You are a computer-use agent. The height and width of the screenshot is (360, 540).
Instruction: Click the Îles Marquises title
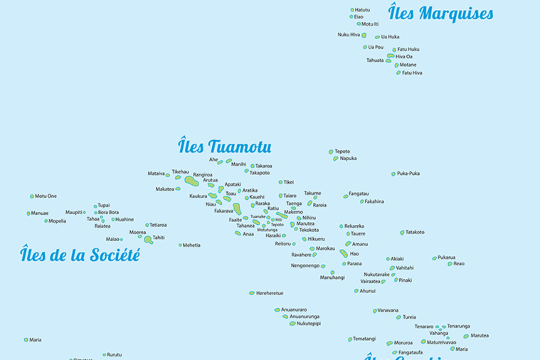tap(440, 13)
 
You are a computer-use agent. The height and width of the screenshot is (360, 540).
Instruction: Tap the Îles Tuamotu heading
tap(224, 147)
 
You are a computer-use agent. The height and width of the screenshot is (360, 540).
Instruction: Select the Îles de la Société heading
tap(80, 254)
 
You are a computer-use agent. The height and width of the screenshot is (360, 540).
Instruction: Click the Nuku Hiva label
tap(349, 35)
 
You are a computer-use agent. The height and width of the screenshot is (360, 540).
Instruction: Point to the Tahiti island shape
tap(148, 240)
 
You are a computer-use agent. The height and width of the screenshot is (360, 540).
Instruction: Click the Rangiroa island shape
tap(191, 181)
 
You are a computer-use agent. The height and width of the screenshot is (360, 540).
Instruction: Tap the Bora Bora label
tap(108, 212)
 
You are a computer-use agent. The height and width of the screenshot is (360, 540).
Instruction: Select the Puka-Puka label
tap(408, 174)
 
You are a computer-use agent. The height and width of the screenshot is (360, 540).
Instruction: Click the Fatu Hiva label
tap(412, 73)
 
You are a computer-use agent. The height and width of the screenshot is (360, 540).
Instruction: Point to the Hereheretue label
tap(270, 293)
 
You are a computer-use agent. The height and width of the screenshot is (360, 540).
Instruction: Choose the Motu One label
tap(46, 196)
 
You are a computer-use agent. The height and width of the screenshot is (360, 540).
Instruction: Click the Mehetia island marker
tap(181, 245)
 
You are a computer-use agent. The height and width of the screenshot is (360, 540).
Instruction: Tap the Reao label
tap(459, 264)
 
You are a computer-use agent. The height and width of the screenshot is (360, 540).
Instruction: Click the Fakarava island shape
tap(237, 209)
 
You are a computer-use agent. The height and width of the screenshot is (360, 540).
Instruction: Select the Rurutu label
tap(115, 354)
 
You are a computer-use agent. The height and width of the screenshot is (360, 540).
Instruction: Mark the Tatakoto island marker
tap(402, 233)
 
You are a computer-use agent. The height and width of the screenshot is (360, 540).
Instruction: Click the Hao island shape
tap(344, 253)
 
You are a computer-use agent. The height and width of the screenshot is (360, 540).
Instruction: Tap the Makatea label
tap(164, 189)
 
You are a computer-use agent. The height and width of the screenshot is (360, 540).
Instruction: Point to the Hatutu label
tap(362, 10)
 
